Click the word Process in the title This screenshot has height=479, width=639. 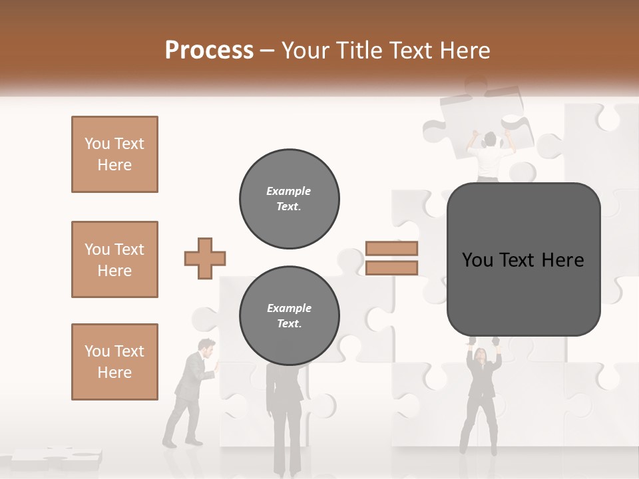(209, 51)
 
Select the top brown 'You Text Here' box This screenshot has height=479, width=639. (114, 154)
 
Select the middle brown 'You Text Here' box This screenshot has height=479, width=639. (114, 259)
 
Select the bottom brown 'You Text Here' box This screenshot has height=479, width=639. (114, 362)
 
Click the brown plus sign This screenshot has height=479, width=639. (205, 258)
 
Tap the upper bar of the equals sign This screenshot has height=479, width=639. (391, 248)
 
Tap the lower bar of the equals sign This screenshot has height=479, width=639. (391, 267)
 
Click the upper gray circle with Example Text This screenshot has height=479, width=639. (289, 199)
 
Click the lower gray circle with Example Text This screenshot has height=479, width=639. (289, 316)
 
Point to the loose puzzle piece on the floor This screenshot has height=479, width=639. (57, 458)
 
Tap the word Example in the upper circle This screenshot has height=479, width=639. (288, 191)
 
